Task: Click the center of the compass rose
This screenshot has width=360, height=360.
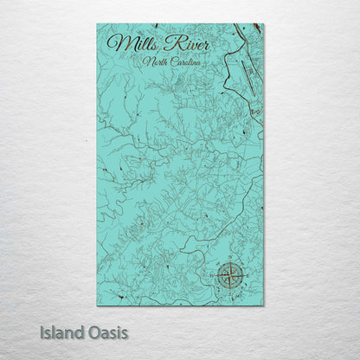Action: (x=231, y=275)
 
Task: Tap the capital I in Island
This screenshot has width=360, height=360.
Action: (x=42, y=331)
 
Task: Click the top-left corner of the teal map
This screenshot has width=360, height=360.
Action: (x=97, y=23)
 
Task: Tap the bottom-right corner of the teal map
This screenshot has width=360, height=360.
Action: (x=263, y=305)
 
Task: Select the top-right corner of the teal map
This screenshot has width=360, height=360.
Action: (x=263, y=23)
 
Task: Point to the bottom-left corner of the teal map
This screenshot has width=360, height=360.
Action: (x=97, y=305)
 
